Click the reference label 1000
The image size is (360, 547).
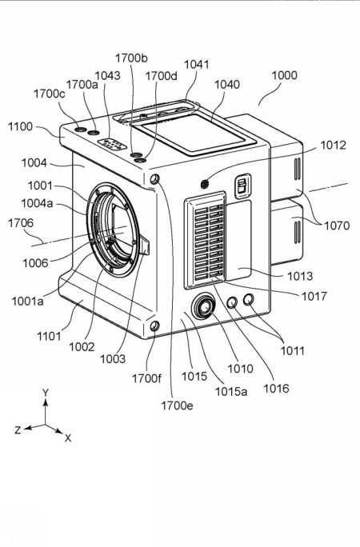[x=284, y=76]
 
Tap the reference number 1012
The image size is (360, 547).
[x=333, y=146]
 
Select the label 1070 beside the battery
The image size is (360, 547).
[x=337, y=226]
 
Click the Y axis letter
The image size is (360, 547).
[x=46, y=393]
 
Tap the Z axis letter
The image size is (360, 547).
[x=18, y=429]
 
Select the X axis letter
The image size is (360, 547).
[x=68, y=438]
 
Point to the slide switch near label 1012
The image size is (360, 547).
[x=239, y=186]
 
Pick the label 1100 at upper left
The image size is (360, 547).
[x=22, y=126]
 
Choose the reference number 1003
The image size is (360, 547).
[x=113, y=359]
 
